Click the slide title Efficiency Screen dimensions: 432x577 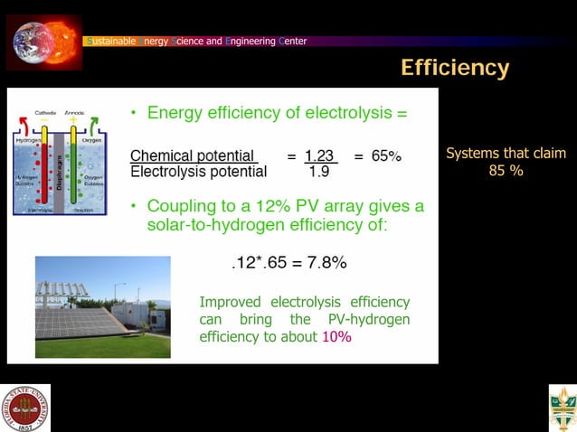454,68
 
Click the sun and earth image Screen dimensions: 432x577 43,41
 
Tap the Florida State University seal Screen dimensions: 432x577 25,408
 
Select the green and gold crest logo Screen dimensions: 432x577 562,408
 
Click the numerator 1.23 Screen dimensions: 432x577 320,155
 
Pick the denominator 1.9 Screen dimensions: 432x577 318,172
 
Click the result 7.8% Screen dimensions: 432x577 326,263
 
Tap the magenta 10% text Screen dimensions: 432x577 336,336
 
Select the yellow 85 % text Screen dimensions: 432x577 506,170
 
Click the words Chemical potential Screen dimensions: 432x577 194,155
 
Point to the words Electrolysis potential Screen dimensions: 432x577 199,172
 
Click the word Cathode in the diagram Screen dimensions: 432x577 45,112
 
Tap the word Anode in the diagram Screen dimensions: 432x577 75,112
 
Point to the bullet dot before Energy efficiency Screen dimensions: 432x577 133,114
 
